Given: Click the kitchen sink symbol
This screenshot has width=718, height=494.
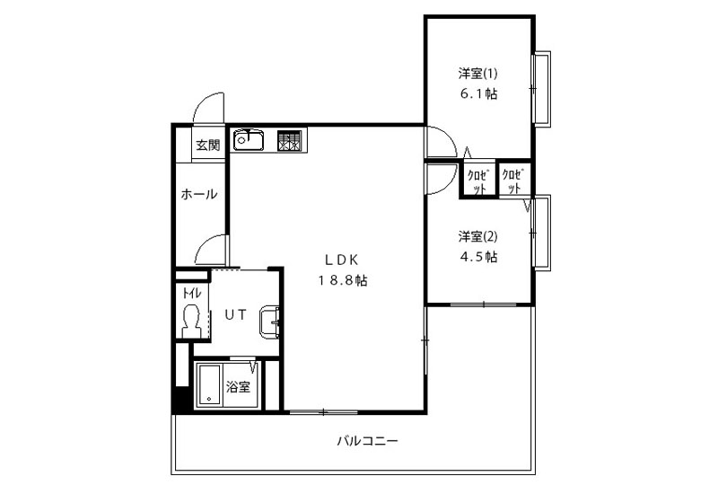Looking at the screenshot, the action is [x=249, y=140].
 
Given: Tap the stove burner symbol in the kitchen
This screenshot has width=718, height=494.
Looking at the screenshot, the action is [x=289, y=140].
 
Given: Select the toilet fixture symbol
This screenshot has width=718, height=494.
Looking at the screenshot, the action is [x=191, y=321].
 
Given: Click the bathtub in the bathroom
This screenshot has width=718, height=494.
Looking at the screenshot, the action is [x=209, y=385].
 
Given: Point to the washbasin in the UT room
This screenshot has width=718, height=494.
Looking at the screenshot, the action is [x=270, y=322].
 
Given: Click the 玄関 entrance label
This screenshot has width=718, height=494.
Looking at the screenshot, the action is [x=208, y=146].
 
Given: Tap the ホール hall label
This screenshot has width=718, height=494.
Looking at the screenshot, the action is [x=198, y=194].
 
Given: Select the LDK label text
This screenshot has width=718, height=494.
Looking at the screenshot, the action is [x=342, y=260].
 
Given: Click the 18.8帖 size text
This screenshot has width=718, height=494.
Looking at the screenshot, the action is [x=343, y=280].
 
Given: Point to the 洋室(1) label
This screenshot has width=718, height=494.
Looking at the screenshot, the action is [x=477, y=74].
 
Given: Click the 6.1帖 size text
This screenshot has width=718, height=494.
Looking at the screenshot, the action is [x=478, y=94].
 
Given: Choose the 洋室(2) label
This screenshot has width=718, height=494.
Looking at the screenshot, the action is [x=477, y=236].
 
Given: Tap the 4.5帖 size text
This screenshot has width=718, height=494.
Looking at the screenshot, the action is [x=478, y=257].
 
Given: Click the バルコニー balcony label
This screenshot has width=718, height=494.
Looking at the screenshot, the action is [x=368, y=441].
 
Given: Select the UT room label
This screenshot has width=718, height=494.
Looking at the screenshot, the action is [x=235, y=314].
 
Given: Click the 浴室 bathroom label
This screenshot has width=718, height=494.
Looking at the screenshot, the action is [x=238, y=387].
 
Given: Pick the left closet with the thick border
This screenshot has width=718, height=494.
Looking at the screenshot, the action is [x=478, y=179].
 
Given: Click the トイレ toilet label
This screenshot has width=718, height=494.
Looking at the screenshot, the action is [x=191, y=293].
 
